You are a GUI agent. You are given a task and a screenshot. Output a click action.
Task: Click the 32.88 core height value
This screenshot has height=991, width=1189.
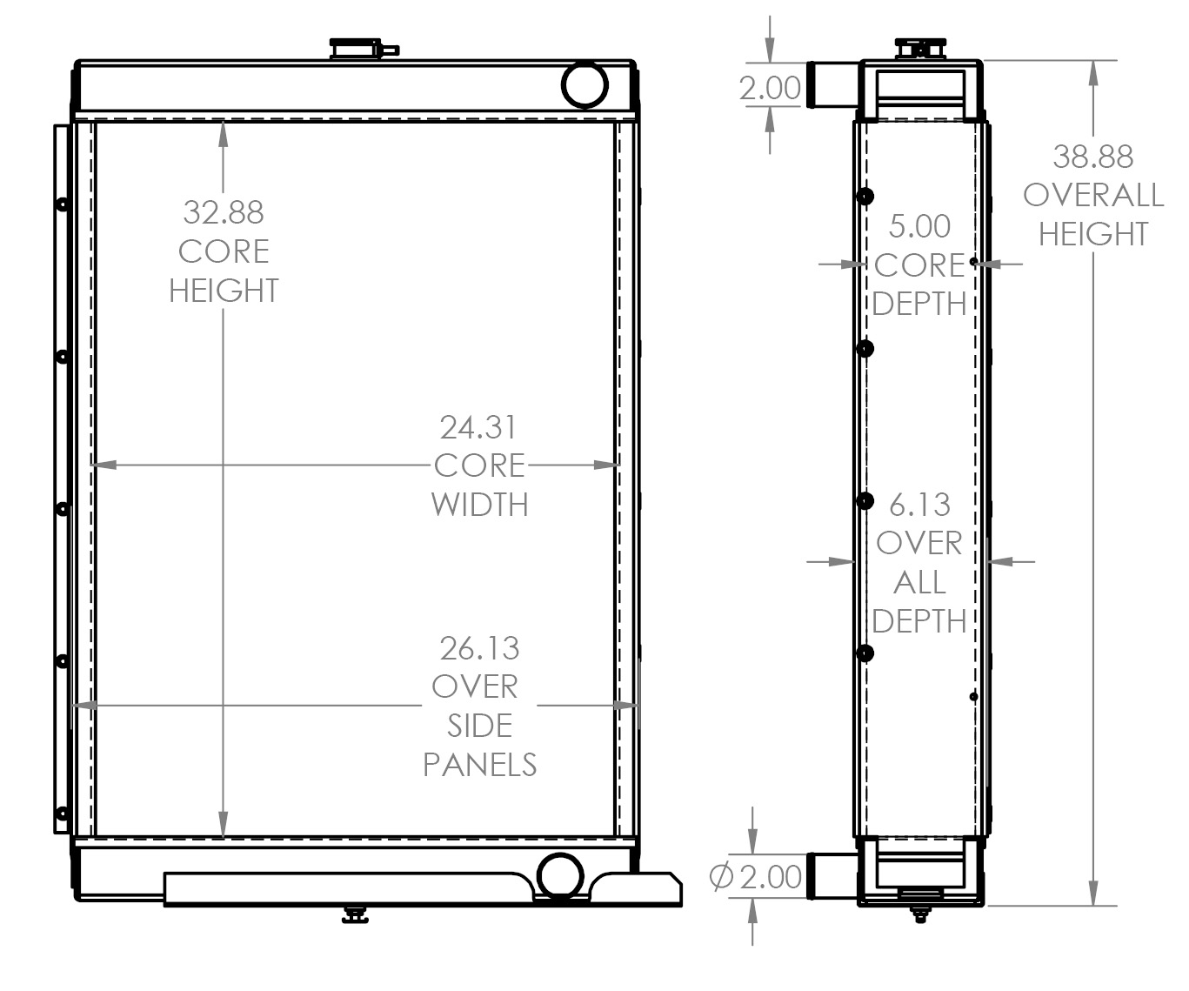tap(223, 211)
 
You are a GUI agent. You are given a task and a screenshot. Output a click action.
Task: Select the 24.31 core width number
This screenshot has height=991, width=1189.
tap(478, 427)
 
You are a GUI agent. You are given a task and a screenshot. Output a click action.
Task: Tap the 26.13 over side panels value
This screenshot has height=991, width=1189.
tap(478, 648)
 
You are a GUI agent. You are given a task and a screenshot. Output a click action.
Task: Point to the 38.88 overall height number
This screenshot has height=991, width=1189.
tap(1092, 157)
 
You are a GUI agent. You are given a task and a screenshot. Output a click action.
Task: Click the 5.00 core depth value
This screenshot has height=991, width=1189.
tap(919, 226)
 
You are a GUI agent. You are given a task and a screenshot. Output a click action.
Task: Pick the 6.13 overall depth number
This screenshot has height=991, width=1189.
tap(919, 505)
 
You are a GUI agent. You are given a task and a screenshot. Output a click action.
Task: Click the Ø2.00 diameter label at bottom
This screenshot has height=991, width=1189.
tap(756, 876)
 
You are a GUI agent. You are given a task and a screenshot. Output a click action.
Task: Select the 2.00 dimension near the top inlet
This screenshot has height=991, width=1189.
tap(769, 88)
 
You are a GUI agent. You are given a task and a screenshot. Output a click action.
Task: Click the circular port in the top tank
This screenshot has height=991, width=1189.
tap(584, 84)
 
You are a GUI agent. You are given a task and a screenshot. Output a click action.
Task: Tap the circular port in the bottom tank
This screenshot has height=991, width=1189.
tap(559, 874)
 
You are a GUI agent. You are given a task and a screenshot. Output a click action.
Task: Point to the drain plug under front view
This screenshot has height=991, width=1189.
tap(355, 914)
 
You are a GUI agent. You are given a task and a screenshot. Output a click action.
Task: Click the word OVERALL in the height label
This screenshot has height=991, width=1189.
tap(1092, 195)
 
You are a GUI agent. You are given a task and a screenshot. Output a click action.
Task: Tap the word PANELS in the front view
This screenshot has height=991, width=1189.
tap(479, 764)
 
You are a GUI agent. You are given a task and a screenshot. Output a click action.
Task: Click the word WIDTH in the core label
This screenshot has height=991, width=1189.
tap(479, 505)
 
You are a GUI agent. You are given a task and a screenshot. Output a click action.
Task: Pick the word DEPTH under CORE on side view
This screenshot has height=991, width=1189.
tap(919, 304)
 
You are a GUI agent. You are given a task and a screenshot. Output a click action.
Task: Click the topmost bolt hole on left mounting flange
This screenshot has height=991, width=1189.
tap(62, 204)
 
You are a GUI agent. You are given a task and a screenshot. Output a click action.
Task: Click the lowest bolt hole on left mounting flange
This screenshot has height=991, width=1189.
tap(62, 814)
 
